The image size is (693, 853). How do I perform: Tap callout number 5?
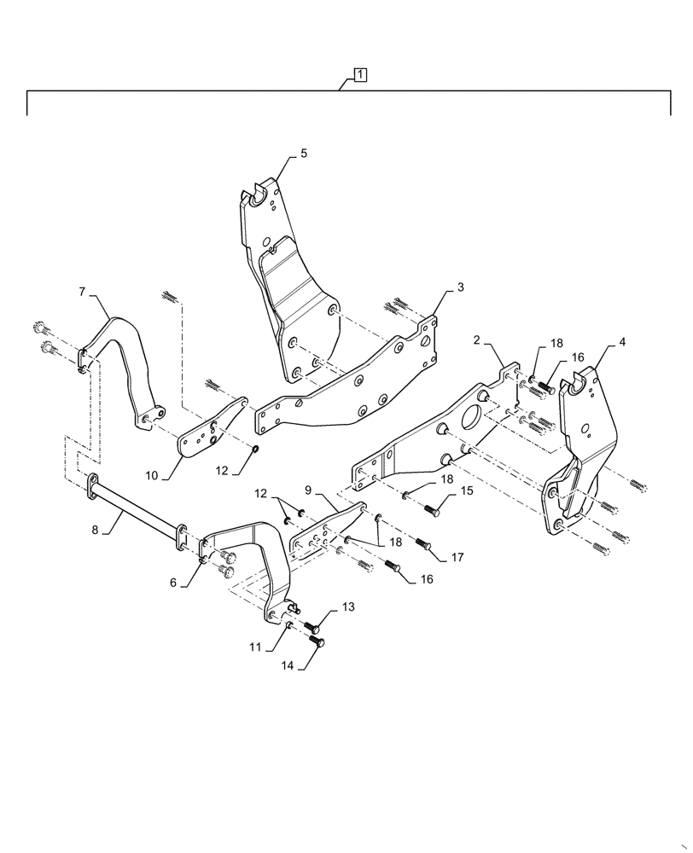tap(304, 154)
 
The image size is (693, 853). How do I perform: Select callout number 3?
tap(460, 287)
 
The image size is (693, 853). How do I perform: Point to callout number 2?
tap(478, 339)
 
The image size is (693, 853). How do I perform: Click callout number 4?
tap(622, 342)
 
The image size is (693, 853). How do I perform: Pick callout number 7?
tap(82, 292)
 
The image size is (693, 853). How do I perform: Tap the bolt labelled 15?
tap(430, 509)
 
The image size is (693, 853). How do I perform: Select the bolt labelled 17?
tap(423, 543)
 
